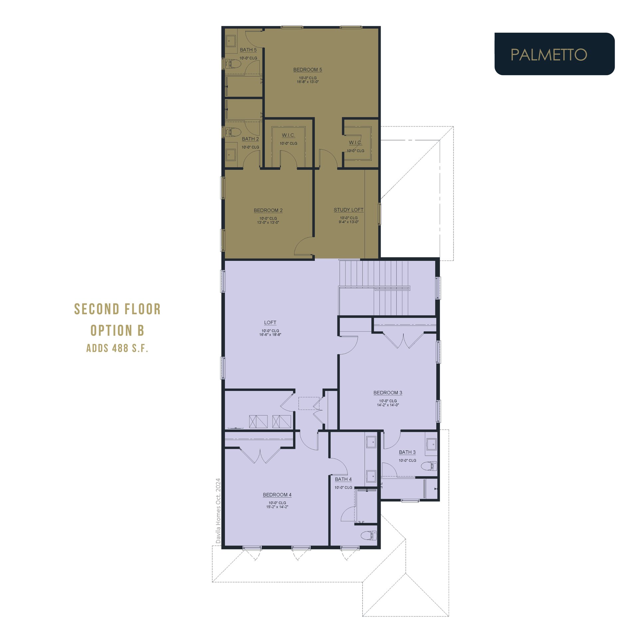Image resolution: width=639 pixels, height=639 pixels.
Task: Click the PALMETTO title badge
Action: click(x=554, y=54)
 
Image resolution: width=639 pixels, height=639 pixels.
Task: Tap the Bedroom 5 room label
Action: click(x=308, y=70)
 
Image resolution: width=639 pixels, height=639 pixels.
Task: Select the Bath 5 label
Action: click(x=248, y=50)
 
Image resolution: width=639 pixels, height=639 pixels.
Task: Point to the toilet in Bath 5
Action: click(x=233, y=64)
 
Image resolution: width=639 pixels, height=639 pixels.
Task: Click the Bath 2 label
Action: click(x=250, y=139)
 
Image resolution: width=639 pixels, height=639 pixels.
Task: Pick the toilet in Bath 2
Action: click(x=233, y=132)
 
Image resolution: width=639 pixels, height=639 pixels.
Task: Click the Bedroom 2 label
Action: click(x=268, y=210)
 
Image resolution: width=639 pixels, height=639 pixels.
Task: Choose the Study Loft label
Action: click(x=349, y=210)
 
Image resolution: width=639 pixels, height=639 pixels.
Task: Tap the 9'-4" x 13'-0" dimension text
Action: click(x=349, y=222)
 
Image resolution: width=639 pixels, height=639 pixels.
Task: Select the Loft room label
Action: click(x=270, y=322)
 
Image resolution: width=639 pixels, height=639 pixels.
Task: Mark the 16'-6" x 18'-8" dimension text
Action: click(x=270, y=335)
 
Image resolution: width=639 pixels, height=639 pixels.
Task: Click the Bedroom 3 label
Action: click(x=388, y=393)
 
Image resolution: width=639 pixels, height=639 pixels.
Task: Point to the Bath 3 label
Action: click(x=407, y=452)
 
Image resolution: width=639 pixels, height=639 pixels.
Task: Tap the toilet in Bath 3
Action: click(x=429, y=466)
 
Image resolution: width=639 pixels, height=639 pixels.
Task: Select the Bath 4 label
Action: click(x=343, y=479)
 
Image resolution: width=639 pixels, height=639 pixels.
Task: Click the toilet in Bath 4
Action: click(x=369, y=535)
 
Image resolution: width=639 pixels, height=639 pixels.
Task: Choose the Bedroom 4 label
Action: click(x=277, y=495)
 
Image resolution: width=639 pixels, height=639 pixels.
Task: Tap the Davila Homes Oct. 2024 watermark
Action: click(x=218, y=511)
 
